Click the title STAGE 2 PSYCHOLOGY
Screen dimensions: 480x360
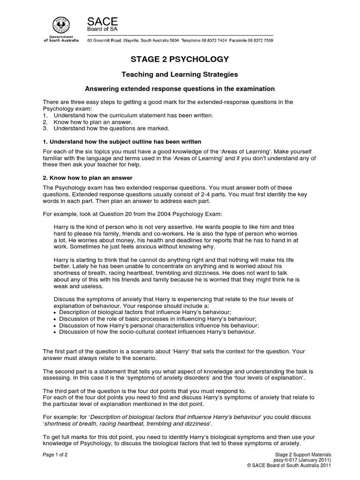180,60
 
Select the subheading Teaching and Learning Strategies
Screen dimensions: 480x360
180,75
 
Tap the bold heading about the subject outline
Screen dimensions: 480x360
123,142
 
